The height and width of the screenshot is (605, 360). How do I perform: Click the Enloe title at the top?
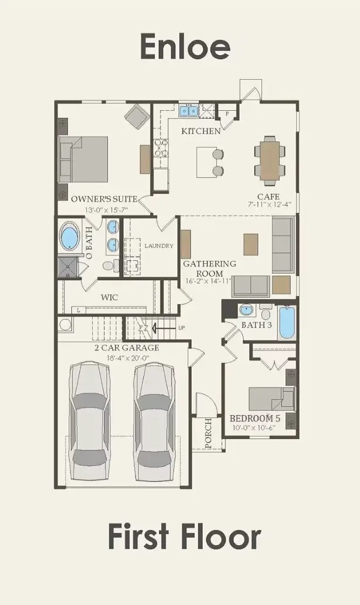coord(185,46)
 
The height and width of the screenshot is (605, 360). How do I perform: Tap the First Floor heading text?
coord(185,536)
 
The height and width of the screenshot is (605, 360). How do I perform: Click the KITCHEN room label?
coord(201,131)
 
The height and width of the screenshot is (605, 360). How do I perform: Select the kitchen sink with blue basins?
coord(189,111)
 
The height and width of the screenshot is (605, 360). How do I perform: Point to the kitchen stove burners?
coord(161,148)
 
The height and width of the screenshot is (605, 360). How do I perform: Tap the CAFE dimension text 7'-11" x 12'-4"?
coord(269,205)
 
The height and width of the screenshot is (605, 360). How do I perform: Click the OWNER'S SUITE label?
coord(104,199)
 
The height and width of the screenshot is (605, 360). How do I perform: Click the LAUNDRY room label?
coord(159,246)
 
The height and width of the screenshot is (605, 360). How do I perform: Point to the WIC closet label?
coord(110,297)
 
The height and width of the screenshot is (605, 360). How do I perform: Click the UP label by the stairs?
coord(181,328)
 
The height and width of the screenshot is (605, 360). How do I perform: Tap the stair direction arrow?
coord(163,328)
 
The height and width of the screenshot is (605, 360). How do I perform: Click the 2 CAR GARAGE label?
coord(127,348)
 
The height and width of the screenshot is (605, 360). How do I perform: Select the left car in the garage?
coord(89,421)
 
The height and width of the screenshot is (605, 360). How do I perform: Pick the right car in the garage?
coord(154,421)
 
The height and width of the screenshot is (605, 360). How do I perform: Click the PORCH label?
coord(208,433)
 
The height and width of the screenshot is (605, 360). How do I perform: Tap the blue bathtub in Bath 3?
coord(287,322)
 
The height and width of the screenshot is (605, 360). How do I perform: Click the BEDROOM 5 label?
coord(255,418)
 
